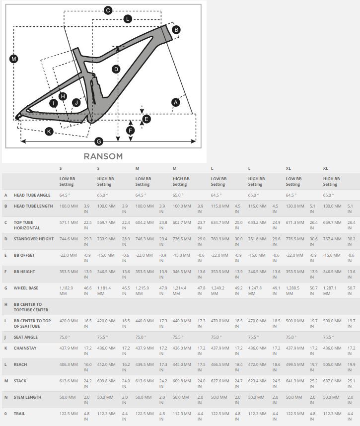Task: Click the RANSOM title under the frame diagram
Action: [x=103, y=156]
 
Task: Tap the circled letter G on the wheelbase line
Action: [x=99, y=142]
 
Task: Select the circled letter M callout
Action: [x=13, y=59]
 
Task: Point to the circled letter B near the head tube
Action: [x=176, y=30]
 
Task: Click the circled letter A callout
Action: [x=175, y=103]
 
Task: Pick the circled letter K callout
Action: [x=49, y=132]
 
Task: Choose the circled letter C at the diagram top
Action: [x=108, y=10]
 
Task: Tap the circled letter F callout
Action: [x=130, y=131]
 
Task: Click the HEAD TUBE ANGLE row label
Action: [x=32, y=195]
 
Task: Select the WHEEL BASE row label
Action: [x=26, y=288]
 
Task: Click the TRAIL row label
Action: [x=19, y=414]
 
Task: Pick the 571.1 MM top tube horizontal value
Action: [x=69, y=222]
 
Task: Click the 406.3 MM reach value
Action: [x=69, y=364]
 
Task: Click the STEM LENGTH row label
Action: [x=28, y=397]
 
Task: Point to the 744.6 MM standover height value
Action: [x=69, y=239]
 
